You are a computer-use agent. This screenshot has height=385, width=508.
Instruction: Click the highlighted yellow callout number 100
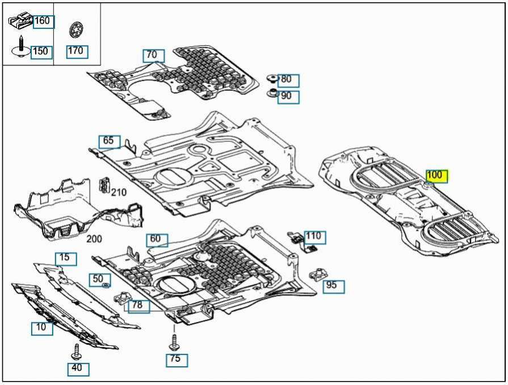pyautogui.click(x=436, y=175)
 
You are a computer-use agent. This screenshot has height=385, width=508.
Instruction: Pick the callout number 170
pyautogui.click(x=76, y=51)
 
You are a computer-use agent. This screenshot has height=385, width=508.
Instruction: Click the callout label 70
pyautogui.click(x=153, y=55)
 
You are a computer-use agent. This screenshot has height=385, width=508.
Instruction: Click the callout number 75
pyautogui.click(x=177, y=359)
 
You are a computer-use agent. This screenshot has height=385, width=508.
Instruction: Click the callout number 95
pyautogui.click(x=333, y=286)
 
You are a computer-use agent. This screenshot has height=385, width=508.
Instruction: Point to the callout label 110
pyautogui.click(x=314, y=236)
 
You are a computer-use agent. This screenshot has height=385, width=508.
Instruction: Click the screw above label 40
pyautogui.click(x=77, y=351)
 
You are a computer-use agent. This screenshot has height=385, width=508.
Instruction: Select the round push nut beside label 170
pyautogui.click(x=75, y=29)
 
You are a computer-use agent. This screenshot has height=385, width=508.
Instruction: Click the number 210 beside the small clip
pyautogui.click(x=119, y=192)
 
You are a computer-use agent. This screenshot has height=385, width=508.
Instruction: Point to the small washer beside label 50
pyautogui.click(x=106, y=284)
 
